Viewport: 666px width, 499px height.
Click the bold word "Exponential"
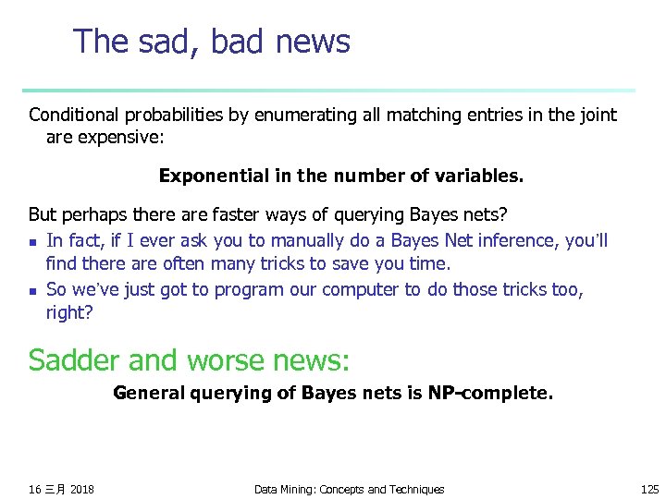[209, 176]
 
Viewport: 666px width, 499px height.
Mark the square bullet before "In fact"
[33, 242]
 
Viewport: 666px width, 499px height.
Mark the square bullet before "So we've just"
[33, 291]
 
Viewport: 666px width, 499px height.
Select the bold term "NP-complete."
[490, 394]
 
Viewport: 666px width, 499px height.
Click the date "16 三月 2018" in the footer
[61, 489]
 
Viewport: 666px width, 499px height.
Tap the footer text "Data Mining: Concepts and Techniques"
[349, 489]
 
